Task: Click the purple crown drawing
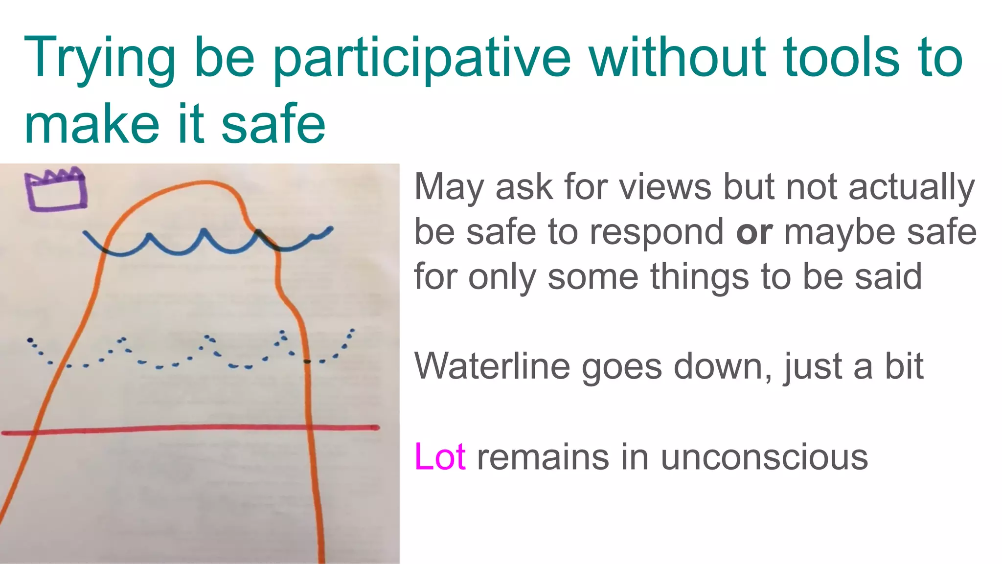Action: [55, 189]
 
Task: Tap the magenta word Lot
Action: [439, 457]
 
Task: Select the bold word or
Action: [754, 232]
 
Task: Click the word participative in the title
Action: [421, 59]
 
